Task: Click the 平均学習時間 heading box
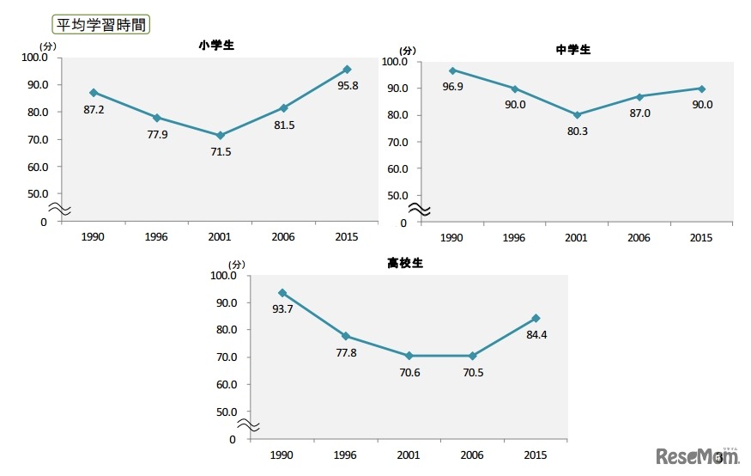100,24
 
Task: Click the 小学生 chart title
215,46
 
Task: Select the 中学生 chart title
573,50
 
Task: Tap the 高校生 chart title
405,264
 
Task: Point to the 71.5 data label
221,151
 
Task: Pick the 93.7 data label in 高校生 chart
282,309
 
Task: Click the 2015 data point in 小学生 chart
347,69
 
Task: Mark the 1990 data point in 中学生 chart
452,70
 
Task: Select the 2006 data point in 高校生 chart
471,356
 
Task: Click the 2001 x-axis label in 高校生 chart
409,455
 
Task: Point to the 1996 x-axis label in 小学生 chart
157,237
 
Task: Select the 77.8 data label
347,351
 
